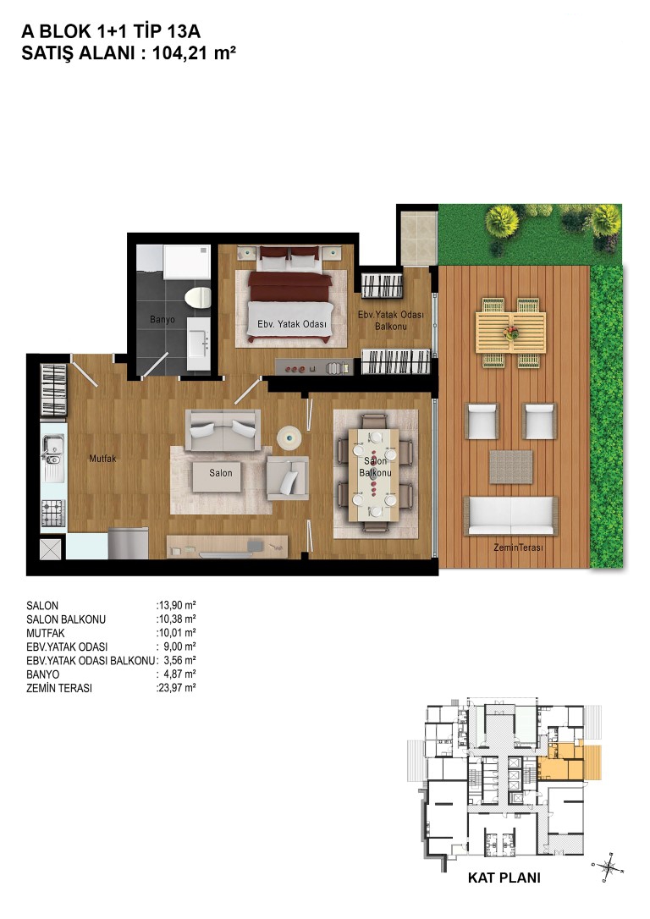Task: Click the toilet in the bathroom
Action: click(197, 297)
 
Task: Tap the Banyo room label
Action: click(162, 319)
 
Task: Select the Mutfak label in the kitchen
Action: click(102, 459)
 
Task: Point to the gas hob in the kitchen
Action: click(52, 513)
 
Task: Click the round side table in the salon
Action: click(289, 437)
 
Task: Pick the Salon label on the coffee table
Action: click(221, 472)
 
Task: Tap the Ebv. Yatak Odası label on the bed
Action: click(291, 323)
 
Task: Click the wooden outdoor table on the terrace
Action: click(510, 333)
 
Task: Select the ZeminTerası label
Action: click(518, 547)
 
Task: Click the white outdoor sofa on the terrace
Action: click(510, 515)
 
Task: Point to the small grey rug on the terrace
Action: click(511, 466)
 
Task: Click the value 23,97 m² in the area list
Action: click(176, 688)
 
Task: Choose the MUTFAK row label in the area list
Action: click(46, 633)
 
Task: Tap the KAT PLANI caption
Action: click(504, 878)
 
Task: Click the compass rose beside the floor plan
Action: click(608, 866)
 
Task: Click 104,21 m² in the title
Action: click(194, 53)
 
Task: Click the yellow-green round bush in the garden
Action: click(502, 221)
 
